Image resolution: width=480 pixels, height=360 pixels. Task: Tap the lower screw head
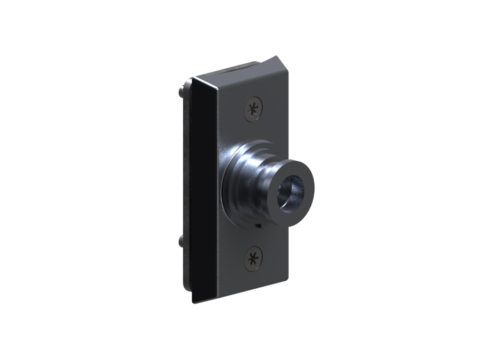pos(254,258)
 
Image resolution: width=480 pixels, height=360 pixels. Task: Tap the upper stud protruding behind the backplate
pos(181,90)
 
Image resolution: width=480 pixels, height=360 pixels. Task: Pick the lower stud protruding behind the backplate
pos(181,241)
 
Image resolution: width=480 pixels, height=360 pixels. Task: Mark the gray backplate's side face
pos(187,187)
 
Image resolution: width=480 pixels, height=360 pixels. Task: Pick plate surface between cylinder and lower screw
pos(255,237)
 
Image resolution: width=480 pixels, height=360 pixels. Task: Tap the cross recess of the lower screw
pos(254,258)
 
